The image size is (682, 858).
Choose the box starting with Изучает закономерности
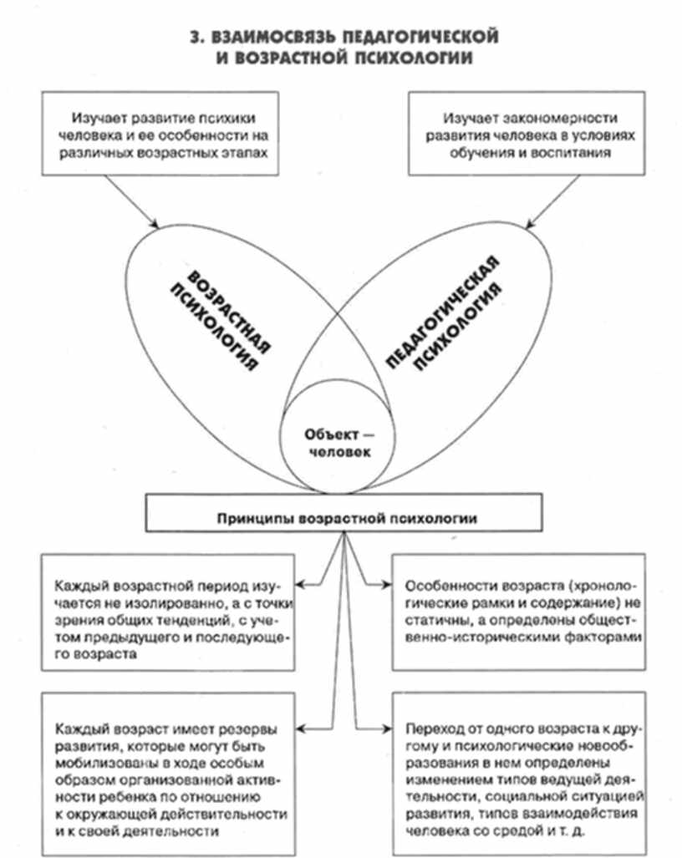click(522, 135)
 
